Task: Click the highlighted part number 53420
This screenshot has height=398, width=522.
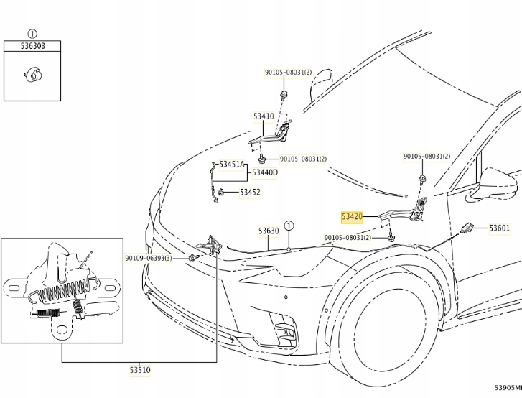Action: tap(352, 216)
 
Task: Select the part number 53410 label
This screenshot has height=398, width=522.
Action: tap(263, 116)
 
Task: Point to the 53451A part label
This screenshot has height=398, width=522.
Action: tap(233, 165)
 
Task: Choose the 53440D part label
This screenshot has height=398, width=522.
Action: tap(263, 172)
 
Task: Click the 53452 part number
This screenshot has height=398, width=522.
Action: tap(250, 192)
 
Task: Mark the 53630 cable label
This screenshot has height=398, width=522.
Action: tap(269, 231)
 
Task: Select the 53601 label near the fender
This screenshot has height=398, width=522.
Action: tap(499, 228)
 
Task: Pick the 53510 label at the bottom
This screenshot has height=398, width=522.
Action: tap(139, 370)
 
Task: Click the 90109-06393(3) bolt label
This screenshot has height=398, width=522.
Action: tap(148, 257)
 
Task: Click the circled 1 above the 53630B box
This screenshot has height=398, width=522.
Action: tap(32, 33)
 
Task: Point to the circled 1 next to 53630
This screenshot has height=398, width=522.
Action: tap(288, 225)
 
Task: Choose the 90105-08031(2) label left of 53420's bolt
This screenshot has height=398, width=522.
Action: tap(348, 237)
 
